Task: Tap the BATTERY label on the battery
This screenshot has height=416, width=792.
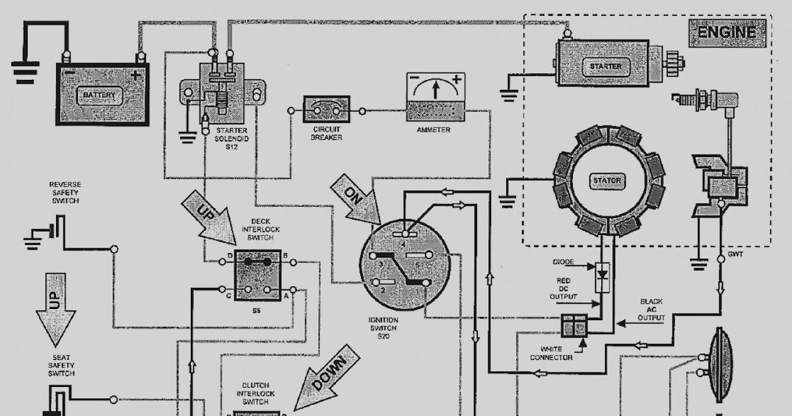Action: [99, 95]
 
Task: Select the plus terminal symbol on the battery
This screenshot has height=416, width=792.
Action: [136, 75]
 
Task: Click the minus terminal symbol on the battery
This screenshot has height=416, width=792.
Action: [67, 74]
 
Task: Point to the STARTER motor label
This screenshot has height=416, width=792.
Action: [605, 66]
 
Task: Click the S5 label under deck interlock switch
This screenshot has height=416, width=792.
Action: [257, 310]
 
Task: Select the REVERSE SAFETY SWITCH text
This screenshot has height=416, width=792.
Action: [64, 192]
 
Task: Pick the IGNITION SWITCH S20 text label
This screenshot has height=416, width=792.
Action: [383, 328]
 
